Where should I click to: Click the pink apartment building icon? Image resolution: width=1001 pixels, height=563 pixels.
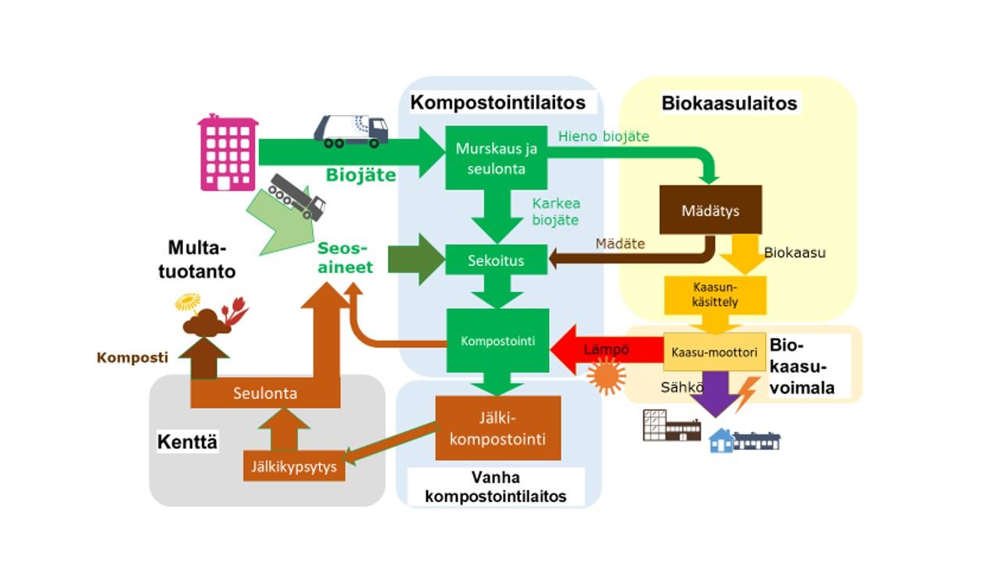pyautogui.click(x=228, y=153)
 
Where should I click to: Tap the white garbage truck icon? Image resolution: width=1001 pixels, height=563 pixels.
pyautogui.click(x=351, y=131)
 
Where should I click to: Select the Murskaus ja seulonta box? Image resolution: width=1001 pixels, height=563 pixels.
pyautogui.click(x=491, y=158)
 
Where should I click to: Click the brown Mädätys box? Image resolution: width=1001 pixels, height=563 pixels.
pyautogui.click(x=710, y=210)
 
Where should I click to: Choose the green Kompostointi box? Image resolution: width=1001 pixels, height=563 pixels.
pyautogui.click(x=497, y=341)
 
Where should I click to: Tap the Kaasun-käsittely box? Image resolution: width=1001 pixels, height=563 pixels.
pyautogui.click(x=715, y=295)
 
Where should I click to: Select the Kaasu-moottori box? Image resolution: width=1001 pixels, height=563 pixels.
pyautogui.click(x=715, y=353)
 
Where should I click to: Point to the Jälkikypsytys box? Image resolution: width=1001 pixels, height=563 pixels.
pyautogui.click(x=294, y=467)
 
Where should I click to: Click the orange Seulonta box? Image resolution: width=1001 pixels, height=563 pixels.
pyautogui.click(x=265, y=393)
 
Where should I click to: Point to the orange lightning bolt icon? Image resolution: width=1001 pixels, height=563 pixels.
pyautogui.click(x=747, y=393)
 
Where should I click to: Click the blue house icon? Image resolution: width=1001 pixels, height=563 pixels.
pyautogui.click(x=721, y=442)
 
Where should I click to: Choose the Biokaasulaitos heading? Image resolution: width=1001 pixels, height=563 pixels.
pyautogui.click(x=729, y=103)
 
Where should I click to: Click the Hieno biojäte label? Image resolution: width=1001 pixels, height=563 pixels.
pyautogui.click(x=604, y=136)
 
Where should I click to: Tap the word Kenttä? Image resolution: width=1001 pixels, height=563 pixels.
pyautogui.click(x=188, y=443)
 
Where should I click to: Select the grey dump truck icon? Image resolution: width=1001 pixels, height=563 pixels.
pyautogui.click(x=297, y=197)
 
